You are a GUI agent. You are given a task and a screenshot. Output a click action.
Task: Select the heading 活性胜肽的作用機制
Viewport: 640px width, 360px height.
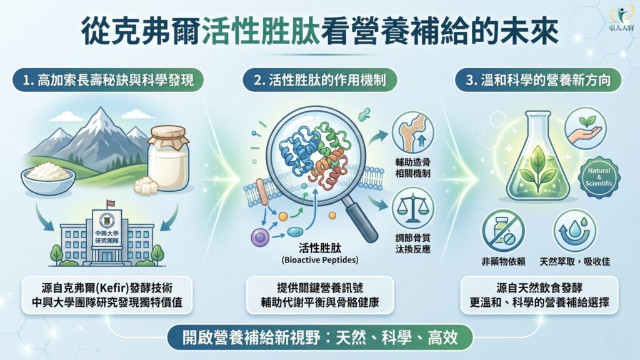coord(319,80)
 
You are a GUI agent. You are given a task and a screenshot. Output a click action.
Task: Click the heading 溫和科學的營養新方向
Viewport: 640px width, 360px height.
coord(538,80)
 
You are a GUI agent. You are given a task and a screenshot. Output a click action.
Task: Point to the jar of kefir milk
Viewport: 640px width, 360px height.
coord(168,157)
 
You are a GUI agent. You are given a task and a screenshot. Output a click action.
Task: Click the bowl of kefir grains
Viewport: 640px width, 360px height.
coord(48,177)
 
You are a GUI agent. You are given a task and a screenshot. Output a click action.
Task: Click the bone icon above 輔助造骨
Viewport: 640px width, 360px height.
coord(412,133)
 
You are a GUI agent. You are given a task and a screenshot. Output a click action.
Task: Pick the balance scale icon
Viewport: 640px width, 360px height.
coord(412,209)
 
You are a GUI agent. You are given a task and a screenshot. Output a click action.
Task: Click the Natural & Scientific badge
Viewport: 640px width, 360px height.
coord(599,177)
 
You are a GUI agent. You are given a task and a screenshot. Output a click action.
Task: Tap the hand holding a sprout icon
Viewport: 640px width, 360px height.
coord(586,129)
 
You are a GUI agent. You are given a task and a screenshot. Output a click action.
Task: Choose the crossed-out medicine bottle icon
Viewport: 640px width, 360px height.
coord(503,231)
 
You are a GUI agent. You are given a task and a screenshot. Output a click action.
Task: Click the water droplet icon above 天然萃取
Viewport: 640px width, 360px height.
coord(575,231)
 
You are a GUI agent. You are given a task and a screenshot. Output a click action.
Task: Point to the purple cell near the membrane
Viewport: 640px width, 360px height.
coord(259,237)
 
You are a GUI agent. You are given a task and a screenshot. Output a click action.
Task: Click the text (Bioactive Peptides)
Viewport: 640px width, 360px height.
coord(319,260)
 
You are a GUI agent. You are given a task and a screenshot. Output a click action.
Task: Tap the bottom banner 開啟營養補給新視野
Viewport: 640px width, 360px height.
coord(319,337)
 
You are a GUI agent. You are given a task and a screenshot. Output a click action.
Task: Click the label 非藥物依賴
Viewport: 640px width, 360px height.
coord(503,262)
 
